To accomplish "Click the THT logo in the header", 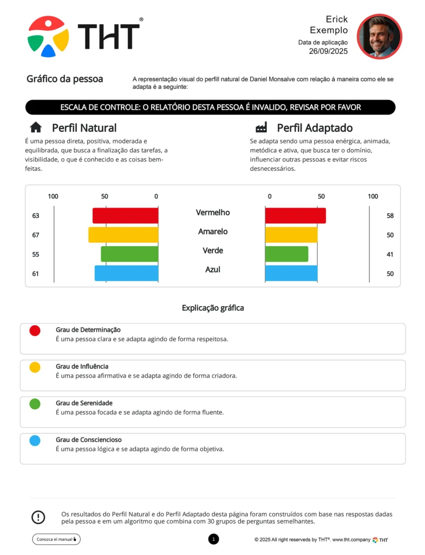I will click(84, 36).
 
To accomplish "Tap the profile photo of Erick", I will click(379, 36).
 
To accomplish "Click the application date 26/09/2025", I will click(328, 51).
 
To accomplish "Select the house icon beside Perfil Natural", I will click(36, 127).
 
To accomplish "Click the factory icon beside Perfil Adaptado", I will click(261, 127).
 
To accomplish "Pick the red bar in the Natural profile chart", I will click(125, 216).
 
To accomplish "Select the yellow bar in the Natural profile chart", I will click(123, 235).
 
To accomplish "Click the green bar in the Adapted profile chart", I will click(286, 254).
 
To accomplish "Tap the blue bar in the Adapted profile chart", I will click(291, 273).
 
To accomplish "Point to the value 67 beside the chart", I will click(36, 235).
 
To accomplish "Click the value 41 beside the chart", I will click(390, 255).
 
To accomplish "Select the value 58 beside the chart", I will click(390, 216).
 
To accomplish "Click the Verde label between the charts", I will click(213, 250).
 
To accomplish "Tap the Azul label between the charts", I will click(213, 269).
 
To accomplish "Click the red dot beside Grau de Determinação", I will click(35, 331).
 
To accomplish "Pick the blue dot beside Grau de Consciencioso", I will click(35, 441).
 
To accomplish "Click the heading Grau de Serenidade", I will click(84, 403).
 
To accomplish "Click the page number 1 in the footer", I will click(213, 539).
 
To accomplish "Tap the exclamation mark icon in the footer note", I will click(38, 517).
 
